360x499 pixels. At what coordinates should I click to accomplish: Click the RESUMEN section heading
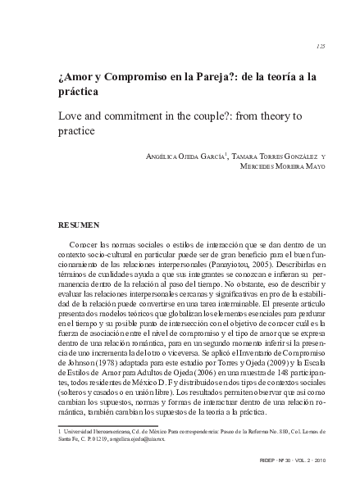[x=80, y=222]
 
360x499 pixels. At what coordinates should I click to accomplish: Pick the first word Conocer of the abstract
[x=84, y=245]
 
